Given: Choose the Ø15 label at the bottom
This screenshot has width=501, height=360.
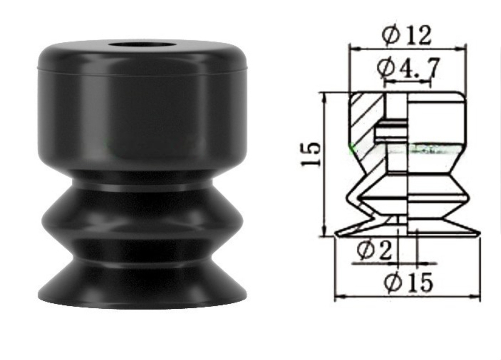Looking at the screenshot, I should (408, 283).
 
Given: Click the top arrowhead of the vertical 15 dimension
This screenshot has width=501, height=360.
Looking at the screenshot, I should (325, 95).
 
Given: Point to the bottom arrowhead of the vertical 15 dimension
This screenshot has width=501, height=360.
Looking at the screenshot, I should (325, 233).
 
